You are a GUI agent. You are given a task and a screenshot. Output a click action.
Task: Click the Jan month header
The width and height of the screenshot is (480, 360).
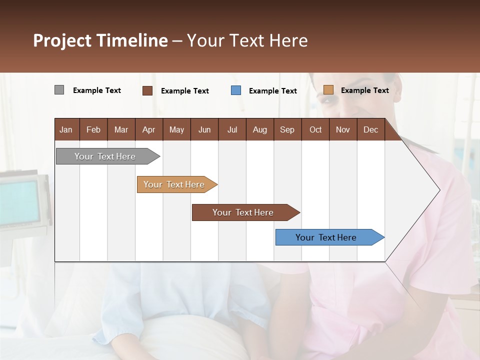(66, 129)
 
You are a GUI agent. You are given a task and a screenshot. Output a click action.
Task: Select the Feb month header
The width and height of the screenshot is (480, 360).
(93, 129)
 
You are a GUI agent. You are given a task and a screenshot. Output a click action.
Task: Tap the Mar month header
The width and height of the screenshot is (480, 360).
(121, 129)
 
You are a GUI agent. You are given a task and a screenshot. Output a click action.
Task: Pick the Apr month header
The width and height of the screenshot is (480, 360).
(149, 129)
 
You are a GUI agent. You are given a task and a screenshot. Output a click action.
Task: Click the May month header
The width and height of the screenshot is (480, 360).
(176, 129)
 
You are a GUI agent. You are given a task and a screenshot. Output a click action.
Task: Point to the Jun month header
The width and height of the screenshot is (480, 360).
(204, 129)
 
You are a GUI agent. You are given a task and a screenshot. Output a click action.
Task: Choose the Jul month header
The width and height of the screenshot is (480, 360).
(232, 129)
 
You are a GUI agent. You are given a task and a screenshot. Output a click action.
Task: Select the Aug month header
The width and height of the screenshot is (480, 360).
(260, 129)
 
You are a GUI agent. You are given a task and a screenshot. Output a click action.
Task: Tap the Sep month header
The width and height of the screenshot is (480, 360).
(287, 129)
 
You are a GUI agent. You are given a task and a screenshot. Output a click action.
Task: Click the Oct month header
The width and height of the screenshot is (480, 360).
(315, 129)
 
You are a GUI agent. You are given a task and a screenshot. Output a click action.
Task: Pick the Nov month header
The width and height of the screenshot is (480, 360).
(343, 129)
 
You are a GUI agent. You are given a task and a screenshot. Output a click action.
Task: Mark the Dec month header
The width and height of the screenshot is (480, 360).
(371, 129)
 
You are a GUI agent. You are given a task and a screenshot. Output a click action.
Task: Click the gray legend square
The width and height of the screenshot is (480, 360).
(59, 90)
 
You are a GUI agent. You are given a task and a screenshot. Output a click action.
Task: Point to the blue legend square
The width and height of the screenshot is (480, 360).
(236, 90)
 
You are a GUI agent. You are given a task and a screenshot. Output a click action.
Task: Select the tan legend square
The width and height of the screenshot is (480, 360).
(328, 90)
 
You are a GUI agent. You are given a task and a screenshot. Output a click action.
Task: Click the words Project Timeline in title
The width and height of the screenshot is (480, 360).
(100, 40)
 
